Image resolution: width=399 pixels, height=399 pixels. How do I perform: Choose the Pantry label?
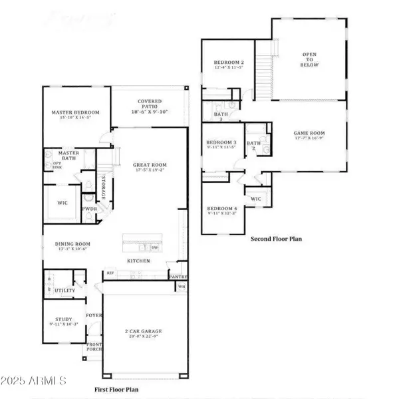(178, 277)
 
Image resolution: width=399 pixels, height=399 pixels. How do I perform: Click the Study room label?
(64, 321)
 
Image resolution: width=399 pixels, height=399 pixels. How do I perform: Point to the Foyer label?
(92, 315)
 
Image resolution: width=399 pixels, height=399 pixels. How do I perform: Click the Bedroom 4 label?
(221, 209)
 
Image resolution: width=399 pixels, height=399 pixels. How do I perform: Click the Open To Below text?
(310, 60)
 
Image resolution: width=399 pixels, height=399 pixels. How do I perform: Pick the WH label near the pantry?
(181, 287)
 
